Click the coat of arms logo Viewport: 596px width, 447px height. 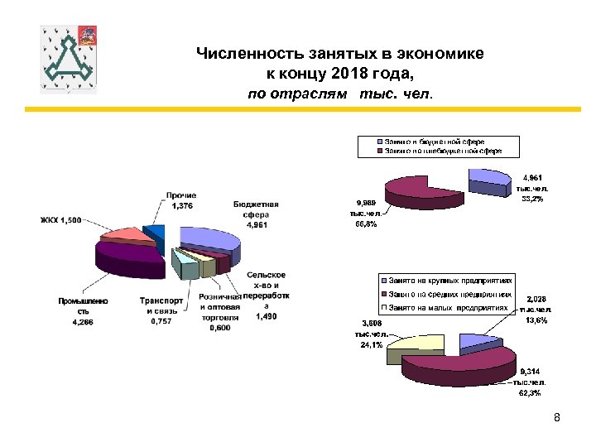(69, 59)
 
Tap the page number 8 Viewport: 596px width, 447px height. (557, 417)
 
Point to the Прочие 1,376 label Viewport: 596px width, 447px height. (181, 200)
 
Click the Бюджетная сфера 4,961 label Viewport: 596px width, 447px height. (256, 213)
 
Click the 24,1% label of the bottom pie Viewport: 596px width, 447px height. (372, 345)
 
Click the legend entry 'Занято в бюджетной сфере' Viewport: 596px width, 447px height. (433, 142)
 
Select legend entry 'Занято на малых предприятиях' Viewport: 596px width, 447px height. (447, 307)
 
